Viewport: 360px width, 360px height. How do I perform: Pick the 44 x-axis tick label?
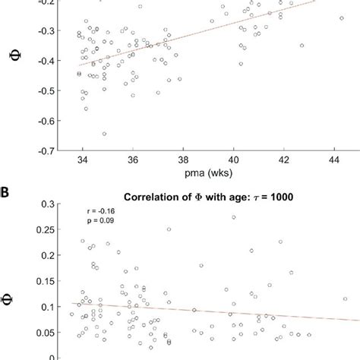click(x=335, y=160)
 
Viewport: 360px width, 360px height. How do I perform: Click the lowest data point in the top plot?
click(x=104, y=134)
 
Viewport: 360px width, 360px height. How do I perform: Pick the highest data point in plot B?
click(x=233, y=217)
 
